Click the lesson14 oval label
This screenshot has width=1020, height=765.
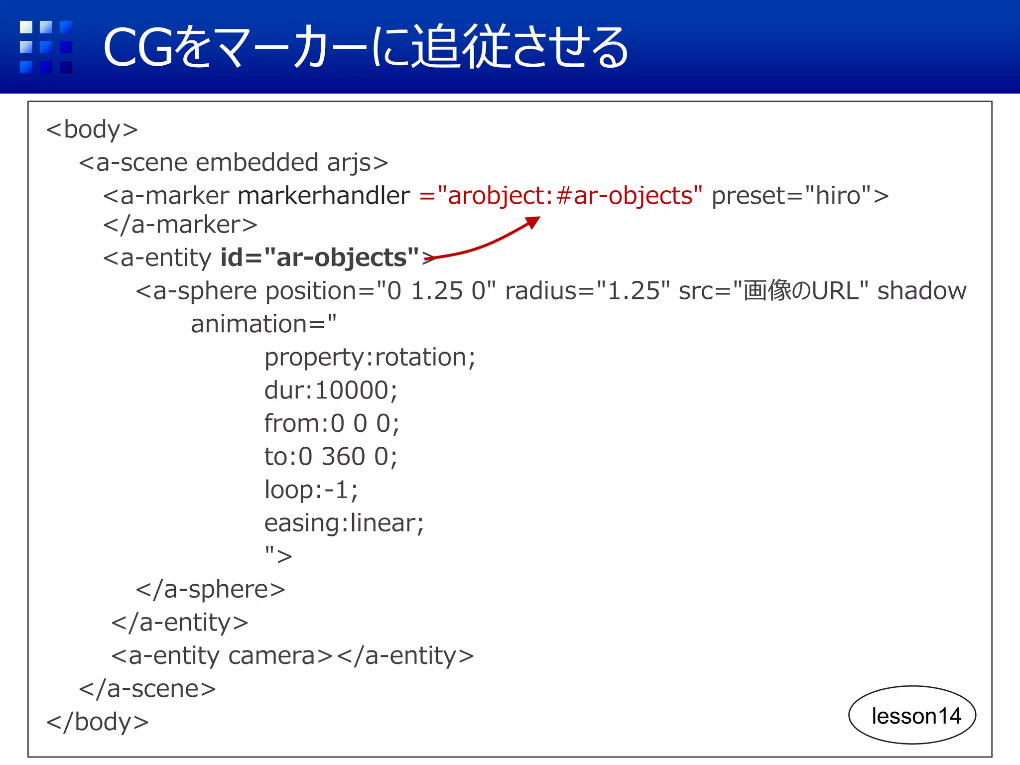tap(912, 715)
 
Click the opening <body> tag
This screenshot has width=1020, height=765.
tap(92, 129)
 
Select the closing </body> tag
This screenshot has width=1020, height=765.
tap(98, 722)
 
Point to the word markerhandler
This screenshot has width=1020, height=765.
tap(324, 195)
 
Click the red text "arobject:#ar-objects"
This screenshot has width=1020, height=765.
tap(570, 195)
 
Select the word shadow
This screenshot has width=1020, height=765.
tap(921, 290)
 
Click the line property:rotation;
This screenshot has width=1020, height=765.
tap(370, 357)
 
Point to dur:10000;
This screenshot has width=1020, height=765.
tap(331, 390)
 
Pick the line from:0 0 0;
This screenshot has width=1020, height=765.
tap(332, 423)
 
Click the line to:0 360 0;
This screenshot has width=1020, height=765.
tap(331, 456)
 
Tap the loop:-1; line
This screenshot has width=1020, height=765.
tap(311, 490)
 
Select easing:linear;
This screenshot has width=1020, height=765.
tap(344, 523)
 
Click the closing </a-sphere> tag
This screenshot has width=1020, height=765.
tap(210, 589)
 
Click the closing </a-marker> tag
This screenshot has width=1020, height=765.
tap(180, 225)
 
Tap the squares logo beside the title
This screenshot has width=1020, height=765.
tap(46, 47)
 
